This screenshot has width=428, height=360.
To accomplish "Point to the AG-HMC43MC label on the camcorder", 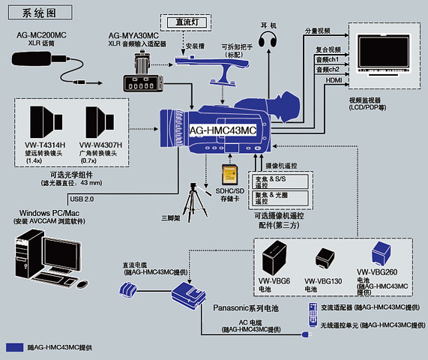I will (x=223, y=130).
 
